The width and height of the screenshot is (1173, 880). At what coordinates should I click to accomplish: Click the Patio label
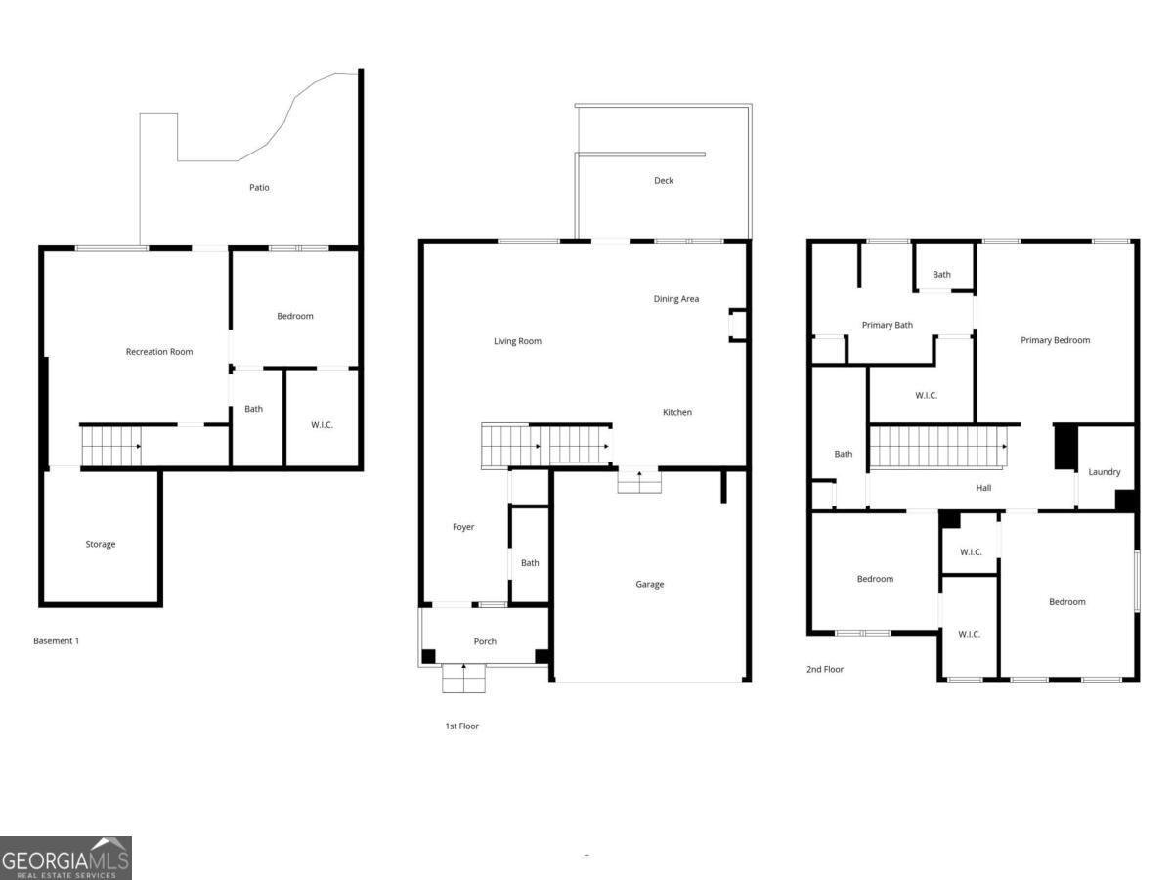[259, 187]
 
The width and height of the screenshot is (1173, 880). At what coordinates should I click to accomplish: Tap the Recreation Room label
[159, 352]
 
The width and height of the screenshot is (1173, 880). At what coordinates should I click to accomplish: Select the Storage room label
[101, 544]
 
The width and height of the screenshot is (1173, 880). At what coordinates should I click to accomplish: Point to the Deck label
[664, 181]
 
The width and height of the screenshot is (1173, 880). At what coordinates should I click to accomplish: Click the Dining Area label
[676, 299]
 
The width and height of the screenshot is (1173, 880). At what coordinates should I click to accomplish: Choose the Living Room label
[517, 341]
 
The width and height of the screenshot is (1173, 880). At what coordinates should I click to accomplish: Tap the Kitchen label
[677, 412]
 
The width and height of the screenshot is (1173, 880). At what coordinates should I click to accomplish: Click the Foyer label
[463, 527]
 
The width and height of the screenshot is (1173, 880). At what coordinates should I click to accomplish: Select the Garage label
[650, 585]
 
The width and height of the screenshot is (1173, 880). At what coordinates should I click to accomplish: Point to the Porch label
[485, 641]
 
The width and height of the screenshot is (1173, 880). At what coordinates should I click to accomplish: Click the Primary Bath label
[888, 325]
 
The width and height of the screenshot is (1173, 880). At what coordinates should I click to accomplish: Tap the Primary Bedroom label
[1056, 340]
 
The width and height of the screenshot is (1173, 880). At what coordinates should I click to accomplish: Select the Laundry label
[1105, 472]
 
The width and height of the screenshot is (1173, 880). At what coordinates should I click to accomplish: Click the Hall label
[983, 488]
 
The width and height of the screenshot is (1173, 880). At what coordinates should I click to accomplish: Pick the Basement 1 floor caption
[56, 640]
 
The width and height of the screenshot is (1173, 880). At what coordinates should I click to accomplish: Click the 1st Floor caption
[462, 726]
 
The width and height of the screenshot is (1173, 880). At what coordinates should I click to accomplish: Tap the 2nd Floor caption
[825, 669]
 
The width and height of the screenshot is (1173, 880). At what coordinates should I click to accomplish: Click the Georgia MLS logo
[65, 858]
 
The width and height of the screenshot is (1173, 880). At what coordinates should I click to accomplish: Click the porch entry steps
[464, 678]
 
